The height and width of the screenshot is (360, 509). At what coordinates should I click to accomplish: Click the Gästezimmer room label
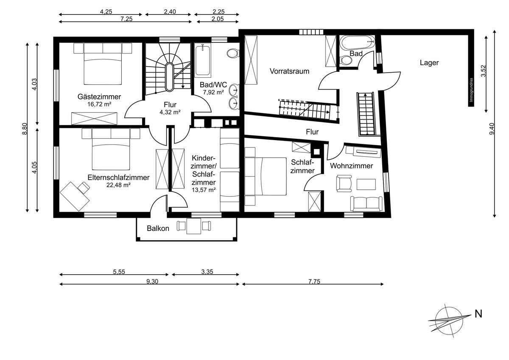click(x=99, y=97)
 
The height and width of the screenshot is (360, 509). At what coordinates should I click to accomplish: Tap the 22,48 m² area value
click(x=118, y=185)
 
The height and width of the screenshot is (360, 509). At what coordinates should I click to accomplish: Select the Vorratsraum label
click(x=289, y=71)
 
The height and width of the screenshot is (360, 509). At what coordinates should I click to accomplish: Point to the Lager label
click(x=429, y=62)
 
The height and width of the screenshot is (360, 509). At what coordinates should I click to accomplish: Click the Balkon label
click(x=158, y=228)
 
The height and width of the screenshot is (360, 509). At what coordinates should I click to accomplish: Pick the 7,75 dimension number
click(x=314, y=281)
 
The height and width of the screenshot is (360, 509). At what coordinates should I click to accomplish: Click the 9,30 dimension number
click(x=152, y=281)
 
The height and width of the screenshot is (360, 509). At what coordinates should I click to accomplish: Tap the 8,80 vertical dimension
click(x=25, y=129)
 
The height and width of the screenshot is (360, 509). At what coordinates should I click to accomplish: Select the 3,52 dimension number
click(x=483, y=71)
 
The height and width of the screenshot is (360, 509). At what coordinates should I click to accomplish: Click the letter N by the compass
click(x=478, y=314)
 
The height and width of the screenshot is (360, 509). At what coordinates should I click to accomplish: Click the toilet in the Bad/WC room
click(x=233, y=53)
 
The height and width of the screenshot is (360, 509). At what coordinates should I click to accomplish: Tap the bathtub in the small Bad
click(x=358, y=42)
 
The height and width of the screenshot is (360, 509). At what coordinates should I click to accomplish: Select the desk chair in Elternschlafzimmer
click(x=84, y=187)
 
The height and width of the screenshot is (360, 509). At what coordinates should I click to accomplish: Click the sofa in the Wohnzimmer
click(x=366, y=203)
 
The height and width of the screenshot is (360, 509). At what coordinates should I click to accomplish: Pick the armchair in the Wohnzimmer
click(x=344, y=183)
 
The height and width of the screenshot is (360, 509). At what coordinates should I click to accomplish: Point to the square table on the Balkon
click(x=194, y=226)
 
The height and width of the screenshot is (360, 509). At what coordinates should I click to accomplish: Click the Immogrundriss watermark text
click(x=472, y=90)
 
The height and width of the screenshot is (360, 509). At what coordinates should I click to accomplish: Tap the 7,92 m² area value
click(x=213, y=92)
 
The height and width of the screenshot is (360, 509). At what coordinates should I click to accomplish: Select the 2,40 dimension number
click(x=170, y=11)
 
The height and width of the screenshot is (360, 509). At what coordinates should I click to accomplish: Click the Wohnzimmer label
click(x=351, y=166)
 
